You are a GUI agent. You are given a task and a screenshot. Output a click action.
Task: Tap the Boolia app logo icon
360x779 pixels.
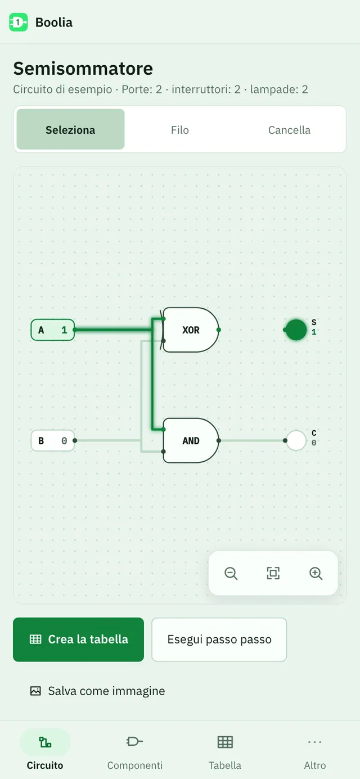click(18, 22)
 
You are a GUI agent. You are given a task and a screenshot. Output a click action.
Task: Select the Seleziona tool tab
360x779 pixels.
click(71, 129)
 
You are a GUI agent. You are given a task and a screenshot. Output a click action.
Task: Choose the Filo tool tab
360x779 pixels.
click(180, 129)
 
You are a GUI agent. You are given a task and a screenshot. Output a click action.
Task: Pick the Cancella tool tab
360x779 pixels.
click(289, 129)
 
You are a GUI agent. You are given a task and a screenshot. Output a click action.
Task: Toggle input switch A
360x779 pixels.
click(53, 330)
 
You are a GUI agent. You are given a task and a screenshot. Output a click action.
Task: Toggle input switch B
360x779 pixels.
click(53, 440)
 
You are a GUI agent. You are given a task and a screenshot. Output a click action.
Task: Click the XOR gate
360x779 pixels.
click(191, 330)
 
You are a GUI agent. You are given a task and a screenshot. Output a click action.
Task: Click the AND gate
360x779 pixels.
click(191, 440)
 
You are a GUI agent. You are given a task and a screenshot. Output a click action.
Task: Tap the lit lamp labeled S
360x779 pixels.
click(296, 330)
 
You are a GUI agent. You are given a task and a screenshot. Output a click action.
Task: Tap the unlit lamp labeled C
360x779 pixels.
click(296, 440)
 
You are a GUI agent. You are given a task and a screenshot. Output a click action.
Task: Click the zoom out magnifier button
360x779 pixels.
click(231, 573)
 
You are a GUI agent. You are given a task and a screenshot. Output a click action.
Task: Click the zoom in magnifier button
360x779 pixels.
click(316, 573)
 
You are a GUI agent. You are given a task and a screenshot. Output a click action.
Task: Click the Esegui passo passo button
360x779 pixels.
click(219, 640)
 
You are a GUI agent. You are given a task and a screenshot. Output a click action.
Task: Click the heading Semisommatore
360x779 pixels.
click(83, 68)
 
